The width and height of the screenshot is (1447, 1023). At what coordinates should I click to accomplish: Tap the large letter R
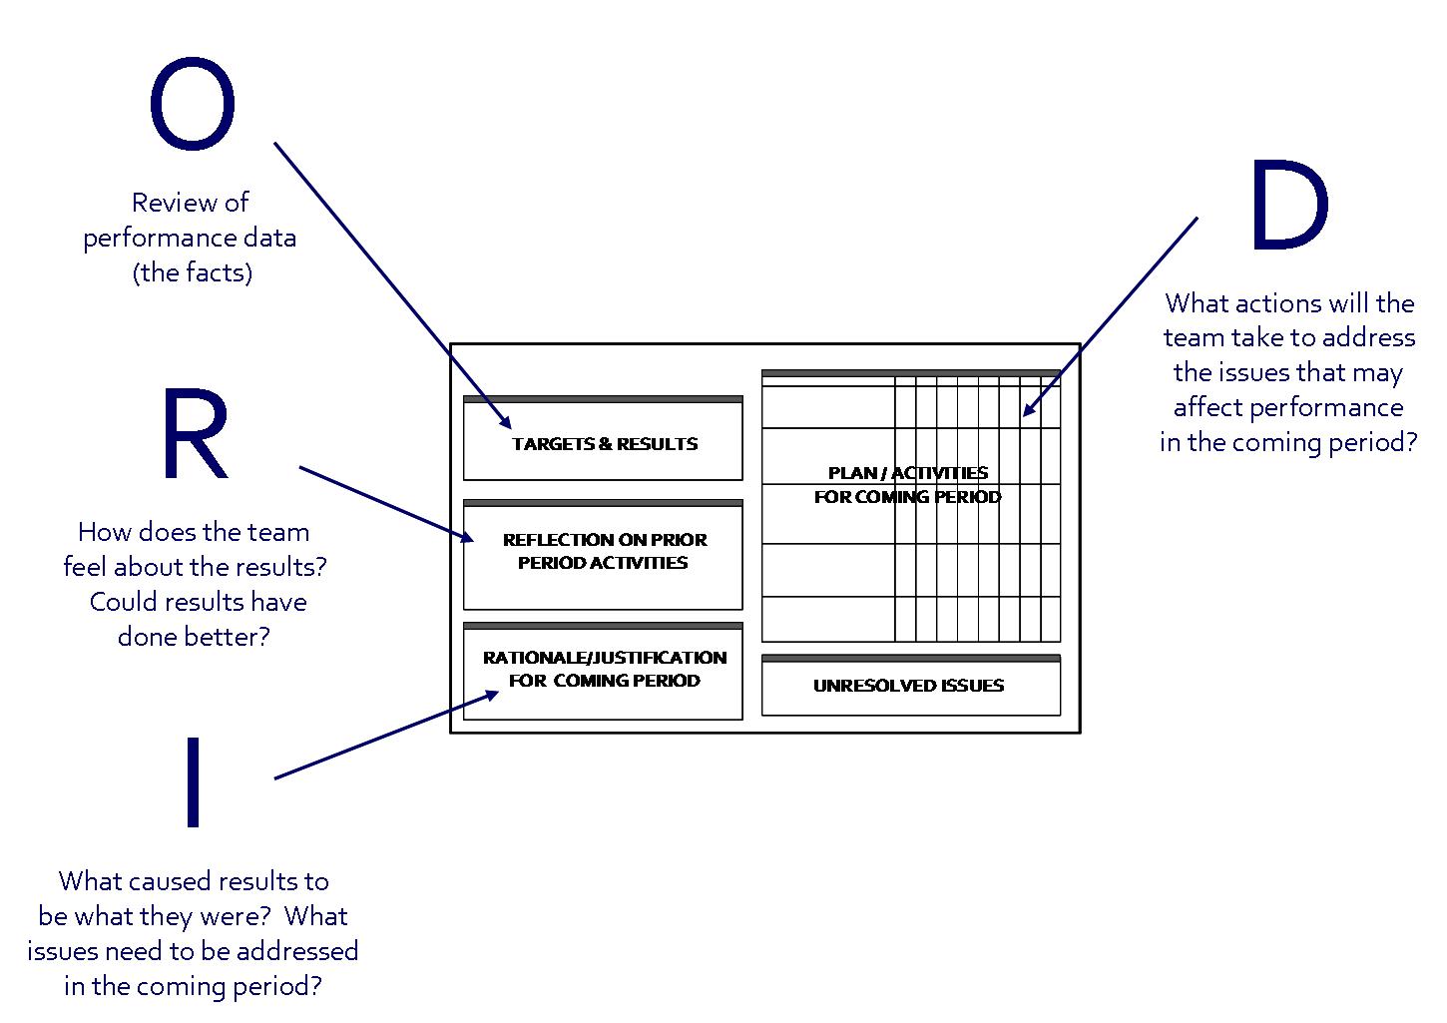coord(194,435)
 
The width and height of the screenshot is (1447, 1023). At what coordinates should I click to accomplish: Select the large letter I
coord(194,782)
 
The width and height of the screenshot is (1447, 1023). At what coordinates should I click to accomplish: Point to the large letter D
coord(1288,207)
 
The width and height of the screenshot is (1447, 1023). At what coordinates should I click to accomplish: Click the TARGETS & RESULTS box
coord(604,444)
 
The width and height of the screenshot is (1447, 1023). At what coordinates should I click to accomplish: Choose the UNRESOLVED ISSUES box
coord(909,686)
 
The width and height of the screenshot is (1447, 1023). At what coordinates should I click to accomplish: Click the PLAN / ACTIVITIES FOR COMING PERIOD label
coord(908,485)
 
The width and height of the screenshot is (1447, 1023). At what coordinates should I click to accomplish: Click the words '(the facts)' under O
coord(192,272)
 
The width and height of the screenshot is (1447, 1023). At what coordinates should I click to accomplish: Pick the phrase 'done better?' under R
coord(194,637)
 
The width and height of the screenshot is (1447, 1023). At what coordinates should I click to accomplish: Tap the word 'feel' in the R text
coord(87,567)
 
